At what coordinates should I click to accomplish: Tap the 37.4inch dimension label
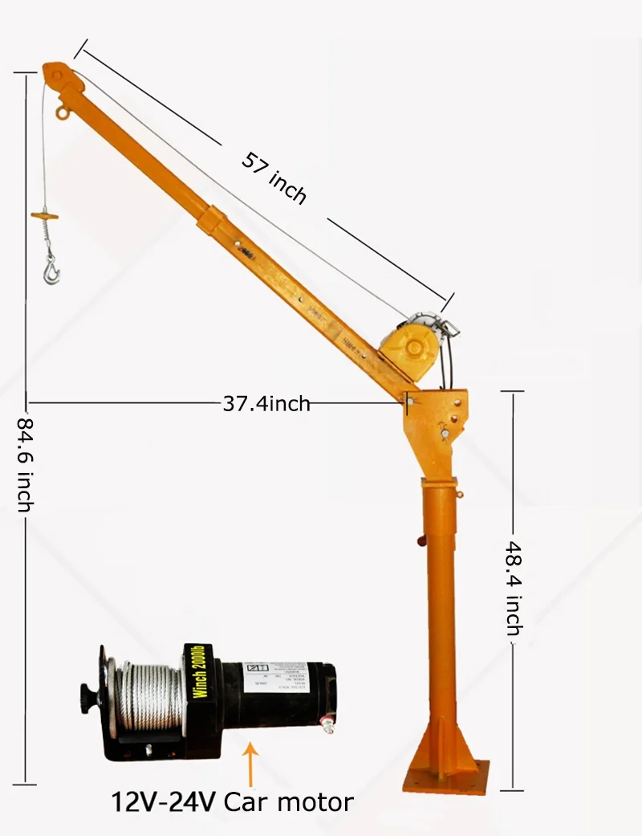(x=266, y=403)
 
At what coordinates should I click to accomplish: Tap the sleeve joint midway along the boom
(x=212, y=219)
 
